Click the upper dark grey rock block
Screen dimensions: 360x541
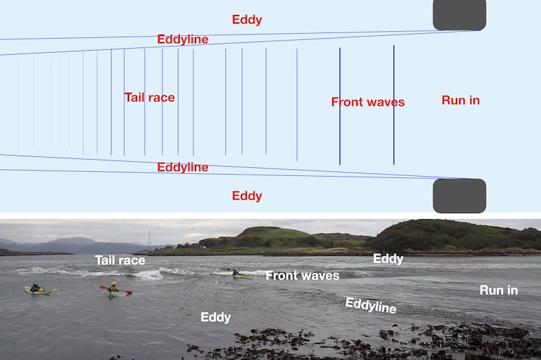tap(460, 15)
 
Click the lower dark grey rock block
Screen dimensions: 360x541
tap(460, 196)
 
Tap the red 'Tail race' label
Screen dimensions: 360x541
tap(149, 97)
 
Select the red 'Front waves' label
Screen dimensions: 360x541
tap(368, 102)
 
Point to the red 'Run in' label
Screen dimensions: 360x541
tap(461, 100)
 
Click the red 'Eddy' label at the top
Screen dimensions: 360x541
tap(247, 20)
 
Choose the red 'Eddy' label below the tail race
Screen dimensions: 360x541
tap(247, 196)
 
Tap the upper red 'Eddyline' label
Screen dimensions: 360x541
tap(183, 39)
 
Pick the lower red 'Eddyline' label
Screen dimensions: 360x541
tap(183, 167)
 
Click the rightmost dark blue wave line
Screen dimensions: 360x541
tap(394, 105)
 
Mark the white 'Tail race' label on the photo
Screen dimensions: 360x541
tap(120, 260)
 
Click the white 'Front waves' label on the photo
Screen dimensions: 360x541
tap(302, 275)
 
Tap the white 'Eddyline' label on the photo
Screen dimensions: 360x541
tap(371, 305)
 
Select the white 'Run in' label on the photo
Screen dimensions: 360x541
tap(498, 290)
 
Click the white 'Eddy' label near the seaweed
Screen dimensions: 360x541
tap(216, 317)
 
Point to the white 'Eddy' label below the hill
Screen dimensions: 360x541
tap(388, 258)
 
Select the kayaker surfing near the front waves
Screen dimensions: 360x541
tap(236, 273)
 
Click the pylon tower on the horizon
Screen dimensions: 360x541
tap(149, 240)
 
